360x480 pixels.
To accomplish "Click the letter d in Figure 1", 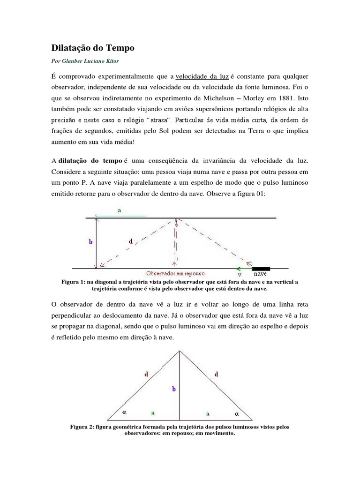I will pyautogui.click(x=130, y=241).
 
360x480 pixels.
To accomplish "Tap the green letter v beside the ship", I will pyautogui.click(x=239, y=275).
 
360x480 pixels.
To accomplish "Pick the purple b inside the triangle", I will pyautogui.click(x=173, y=389).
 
